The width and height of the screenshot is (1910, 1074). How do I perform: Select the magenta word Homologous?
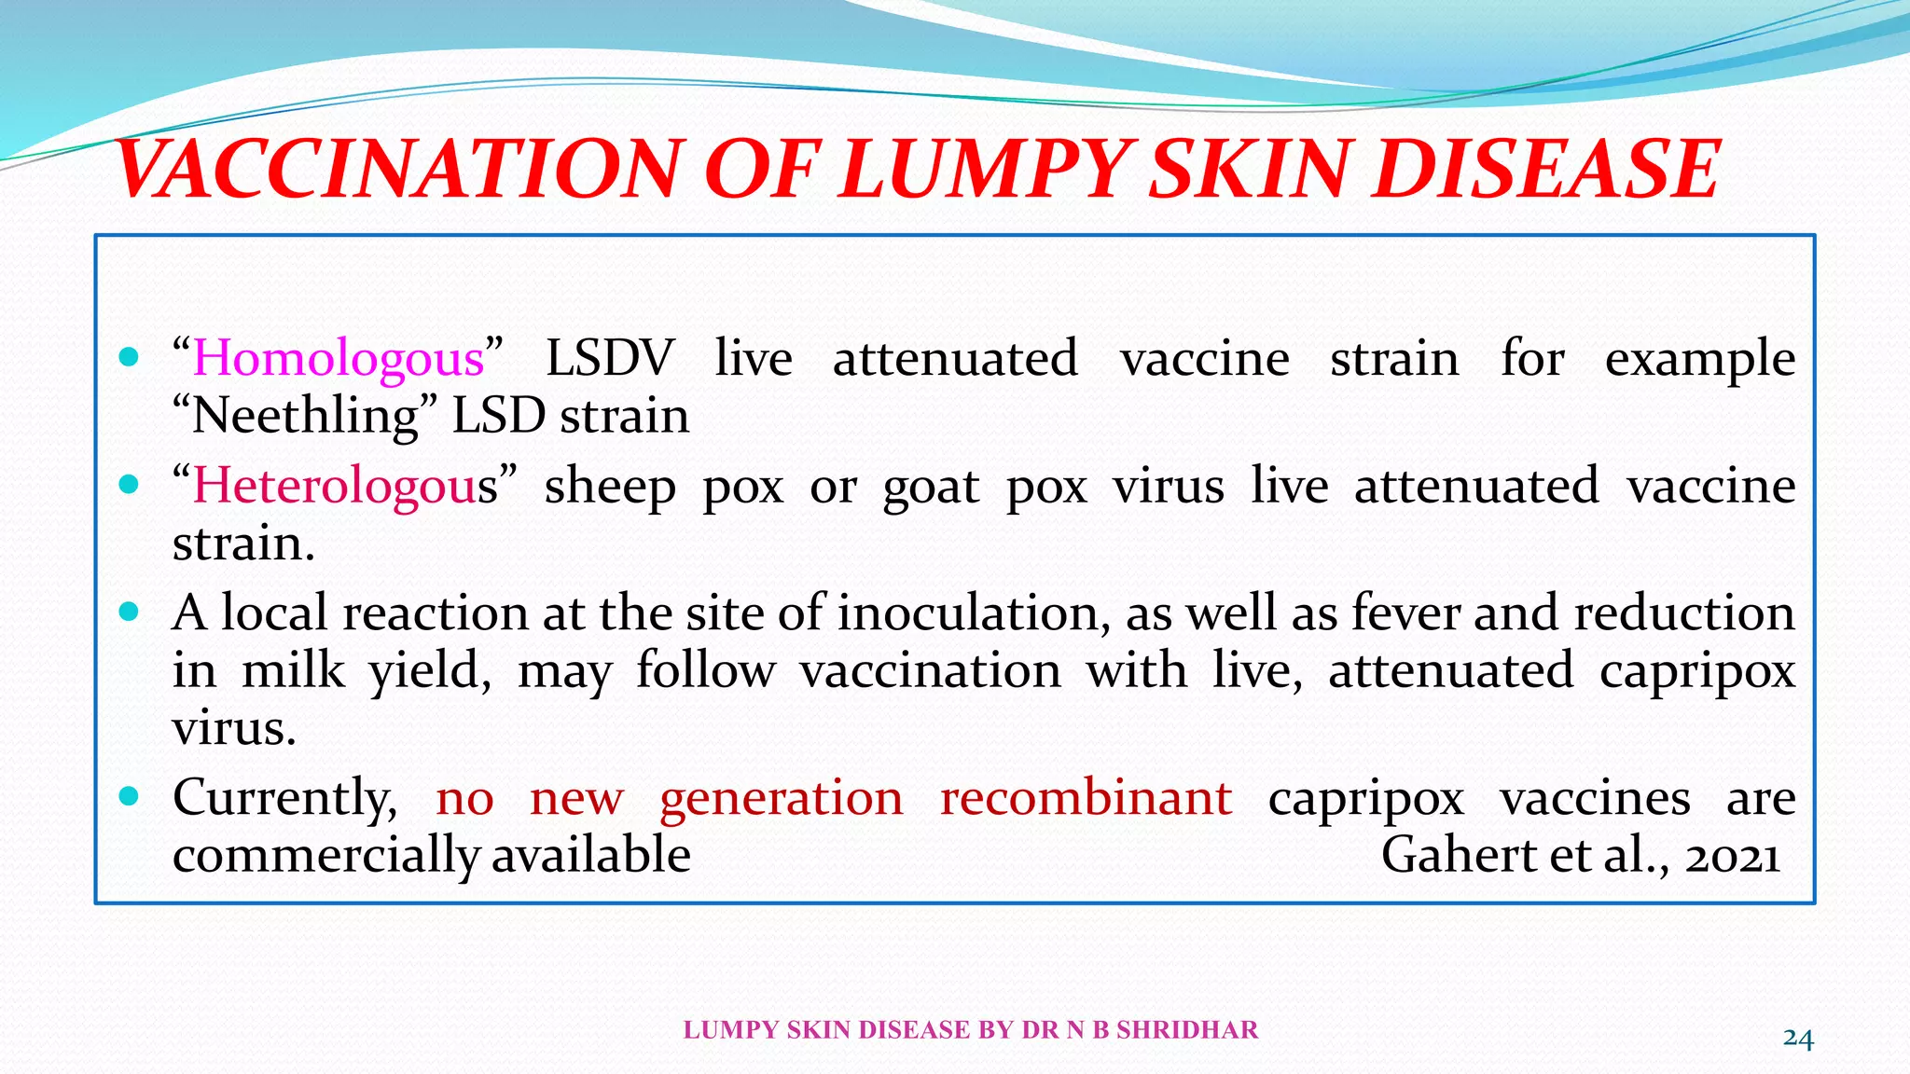pyautogui.click(x=339, y=359)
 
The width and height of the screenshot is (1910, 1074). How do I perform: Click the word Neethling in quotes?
pyautogui.click(x=305, y=416)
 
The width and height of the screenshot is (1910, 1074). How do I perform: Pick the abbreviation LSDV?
pyautogui.click(x=609, y=359)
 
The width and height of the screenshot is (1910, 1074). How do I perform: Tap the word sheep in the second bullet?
pyautogui.click(x=610, y=487)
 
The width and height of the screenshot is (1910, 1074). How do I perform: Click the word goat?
pyautogui.click(x=931, y=487)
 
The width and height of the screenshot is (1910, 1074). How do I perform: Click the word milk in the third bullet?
pyautogui.click(x=293, y=670)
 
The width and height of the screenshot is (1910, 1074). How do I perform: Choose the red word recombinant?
pyautogui.click(x=1086, y=798)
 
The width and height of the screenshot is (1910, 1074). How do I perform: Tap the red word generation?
pyautogui.click(x=782, y=800)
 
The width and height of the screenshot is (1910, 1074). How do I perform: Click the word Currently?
pyautogui.click(x=284, y=800)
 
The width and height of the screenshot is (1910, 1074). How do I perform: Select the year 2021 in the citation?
pyautogui.click(x=1733, y=856)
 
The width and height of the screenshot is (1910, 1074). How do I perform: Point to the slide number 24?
pyautogui.click(x=1798, y=1038)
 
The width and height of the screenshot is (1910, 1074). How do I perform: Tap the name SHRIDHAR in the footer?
pyautogui.click(x=1187, y=1030)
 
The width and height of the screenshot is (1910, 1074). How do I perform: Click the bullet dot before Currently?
pyautogui.click(x=130, y=796)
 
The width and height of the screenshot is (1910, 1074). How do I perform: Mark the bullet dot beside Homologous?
pyautogui.click(x=130, y=357)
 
